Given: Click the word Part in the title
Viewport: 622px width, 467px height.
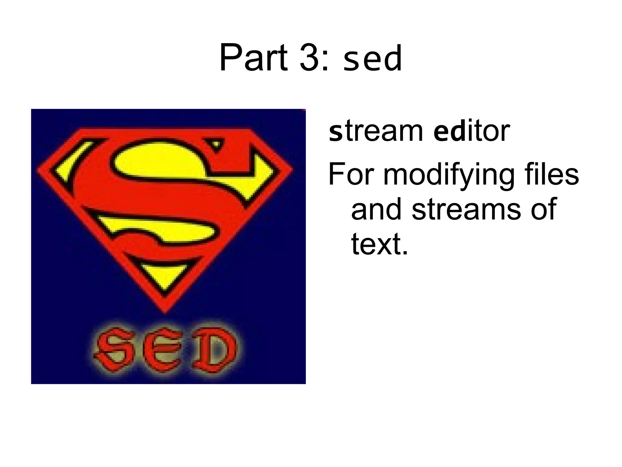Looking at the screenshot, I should [x=253, y=58].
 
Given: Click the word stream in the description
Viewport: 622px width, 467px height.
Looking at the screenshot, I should [x=376, y=131].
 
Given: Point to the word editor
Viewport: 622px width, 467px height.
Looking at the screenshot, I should [x=472, y=131].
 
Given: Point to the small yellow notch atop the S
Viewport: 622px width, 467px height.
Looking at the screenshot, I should [x=216, y=144].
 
